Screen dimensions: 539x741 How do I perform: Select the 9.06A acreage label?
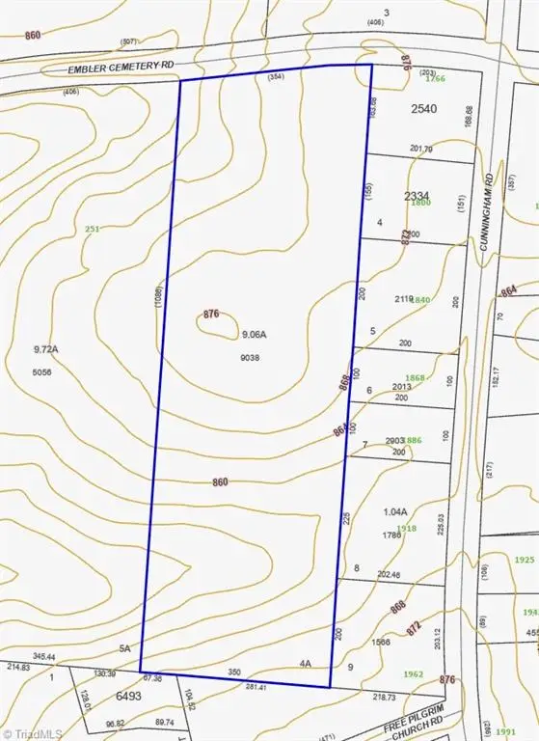255,334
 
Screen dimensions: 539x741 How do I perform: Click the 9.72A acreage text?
46,349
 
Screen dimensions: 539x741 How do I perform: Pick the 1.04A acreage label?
396,512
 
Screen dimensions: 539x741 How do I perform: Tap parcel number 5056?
42,370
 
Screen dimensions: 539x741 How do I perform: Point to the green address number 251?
93,229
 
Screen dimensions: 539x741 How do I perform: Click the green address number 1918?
406,529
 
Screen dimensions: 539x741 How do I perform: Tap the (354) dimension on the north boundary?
276,77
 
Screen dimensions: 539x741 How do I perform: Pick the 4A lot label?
305,664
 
